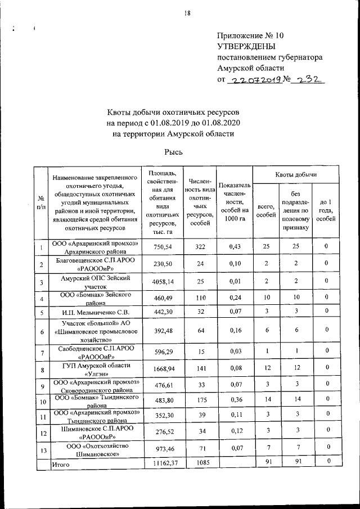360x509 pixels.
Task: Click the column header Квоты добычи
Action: (296, 175)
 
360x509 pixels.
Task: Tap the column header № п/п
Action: (40, 202)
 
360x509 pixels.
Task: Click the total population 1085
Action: (200, 463)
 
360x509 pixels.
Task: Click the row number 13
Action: (40, 449)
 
